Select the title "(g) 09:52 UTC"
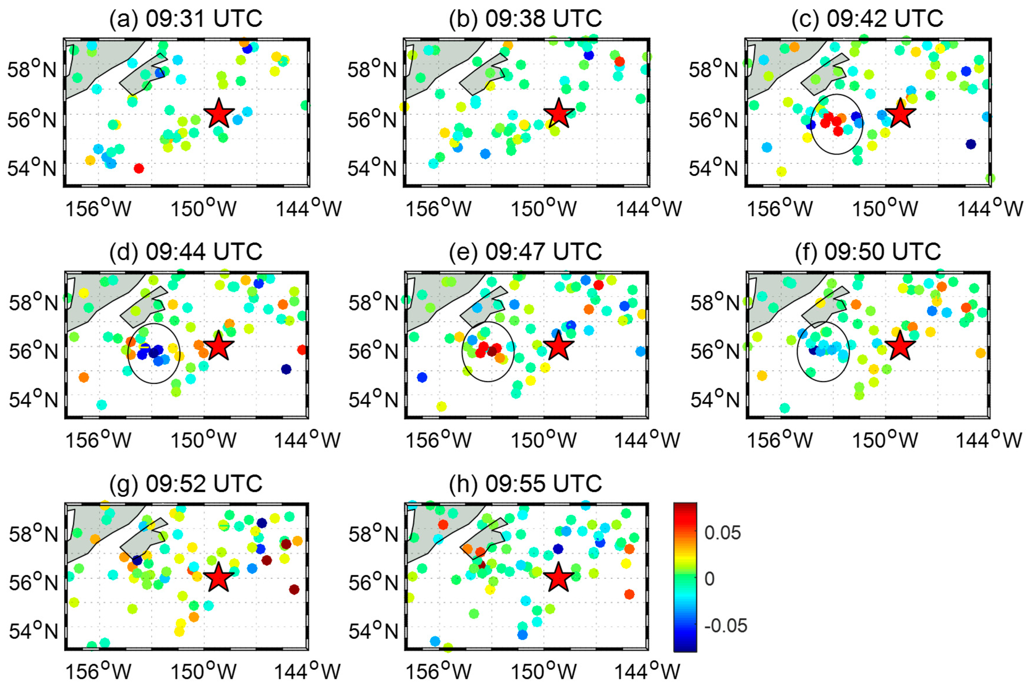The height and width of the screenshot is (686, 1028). coord(186,484)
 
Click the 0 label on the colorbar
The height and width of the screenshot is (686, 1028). coord(709,579)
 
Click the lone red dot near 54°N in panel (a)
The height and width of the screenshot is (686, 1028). coord(139,168)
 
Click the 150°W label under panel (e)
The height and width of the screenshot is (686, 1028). coord(543,440)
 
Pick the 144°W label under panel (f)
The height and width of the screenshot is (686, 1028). coord(989,440)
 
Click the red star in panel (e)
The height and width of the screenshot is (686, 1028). coord(558,346)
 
